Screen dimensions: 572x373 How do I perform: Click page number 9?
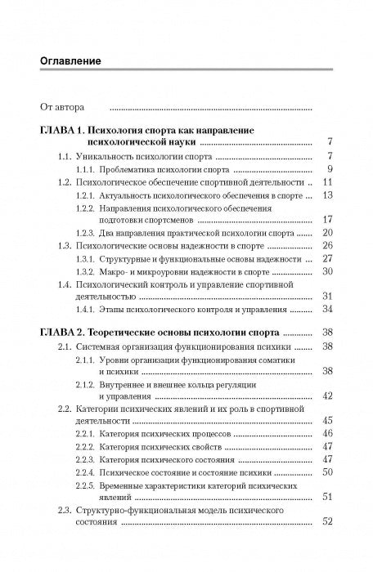click(x=327, y=169)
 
